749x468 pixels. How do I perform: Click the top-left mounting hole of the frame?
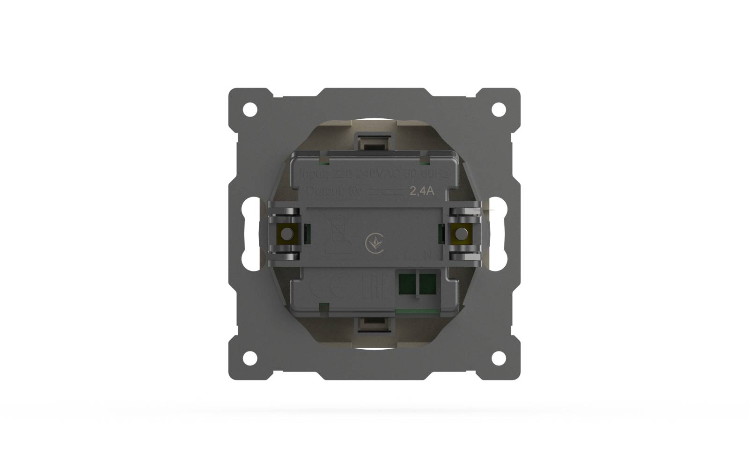[250, 110]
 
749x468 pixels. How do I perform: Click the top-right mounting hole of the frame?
[499, 110]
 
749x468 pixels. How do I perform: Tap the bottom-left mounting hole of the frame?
[250, 358]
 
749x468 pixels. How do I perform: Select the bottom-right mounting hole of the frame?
[499, 358]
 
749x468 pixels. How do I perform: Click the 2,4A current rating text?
[422, 191]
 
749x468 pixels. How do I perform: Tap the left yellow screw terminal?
[284, 233]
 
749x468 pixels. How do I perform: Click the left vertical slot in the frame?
[251, 234]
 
